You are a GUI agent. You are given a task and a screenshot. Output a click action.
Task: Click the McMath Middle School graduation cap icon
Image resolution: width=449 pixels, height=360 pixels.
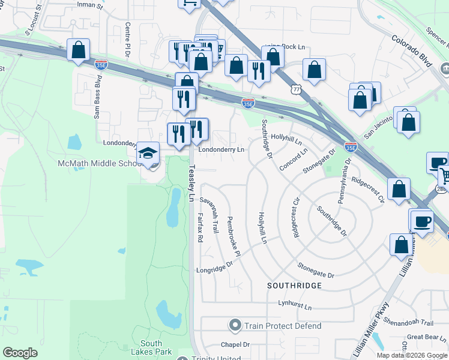(148, 154)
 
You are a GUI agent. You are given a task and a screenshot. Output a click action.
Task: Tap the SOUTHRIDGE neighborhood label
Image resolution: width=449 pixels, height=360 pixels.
(295, 286)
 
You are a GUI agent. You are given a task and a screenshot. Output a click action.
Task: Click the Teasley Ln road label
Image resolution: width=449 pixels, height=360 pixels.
(192, 183)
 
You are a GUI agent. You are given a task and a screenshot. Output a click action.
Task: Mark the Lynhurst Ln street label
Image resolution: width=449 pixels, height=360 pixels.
(295, 306)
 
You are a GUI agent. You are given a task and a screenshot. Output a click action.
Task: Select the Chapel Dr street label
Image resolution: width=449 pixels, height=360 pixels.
(235, 344)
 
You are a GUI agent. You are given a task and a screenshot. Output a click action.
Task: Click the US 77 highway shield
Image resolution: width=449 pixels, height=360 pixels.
(294, 89)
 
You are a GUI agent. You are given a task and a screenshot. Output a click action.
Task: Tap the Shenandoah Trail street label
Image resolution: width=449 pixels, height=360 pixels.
(408, 322)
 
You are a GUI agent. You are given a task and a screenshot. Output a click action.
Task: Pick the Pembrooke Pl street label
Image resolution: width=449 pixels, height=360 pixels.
(234, 237)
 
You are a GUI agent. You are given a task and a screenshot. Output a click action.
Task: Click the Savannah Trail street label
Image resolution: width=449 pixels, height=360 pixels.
(212, 214)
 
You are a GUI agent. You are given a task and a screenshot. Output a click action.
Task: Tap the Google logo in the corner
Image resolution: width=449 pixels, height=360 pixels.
(20, 353)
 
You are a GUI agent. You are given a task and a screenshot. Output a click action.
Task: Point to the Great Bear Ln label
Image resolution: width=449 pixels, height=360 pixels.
(427, 337)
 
